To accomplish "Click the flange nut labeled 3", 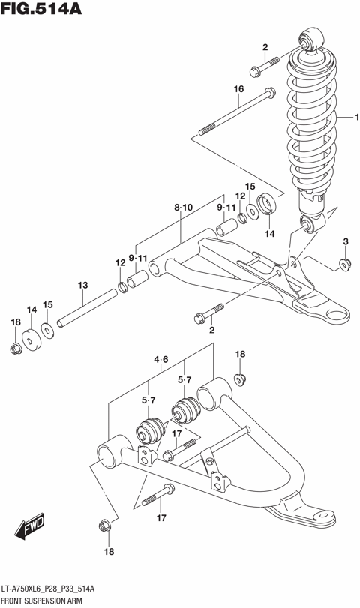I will click(x=344, y=263).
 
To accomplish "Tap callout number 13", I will click(x=82, y=285).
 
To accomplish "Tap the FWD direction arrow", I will click(x=31, y=529).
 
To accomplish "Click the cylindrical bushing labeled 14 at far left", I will click(x=30, y=339).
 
